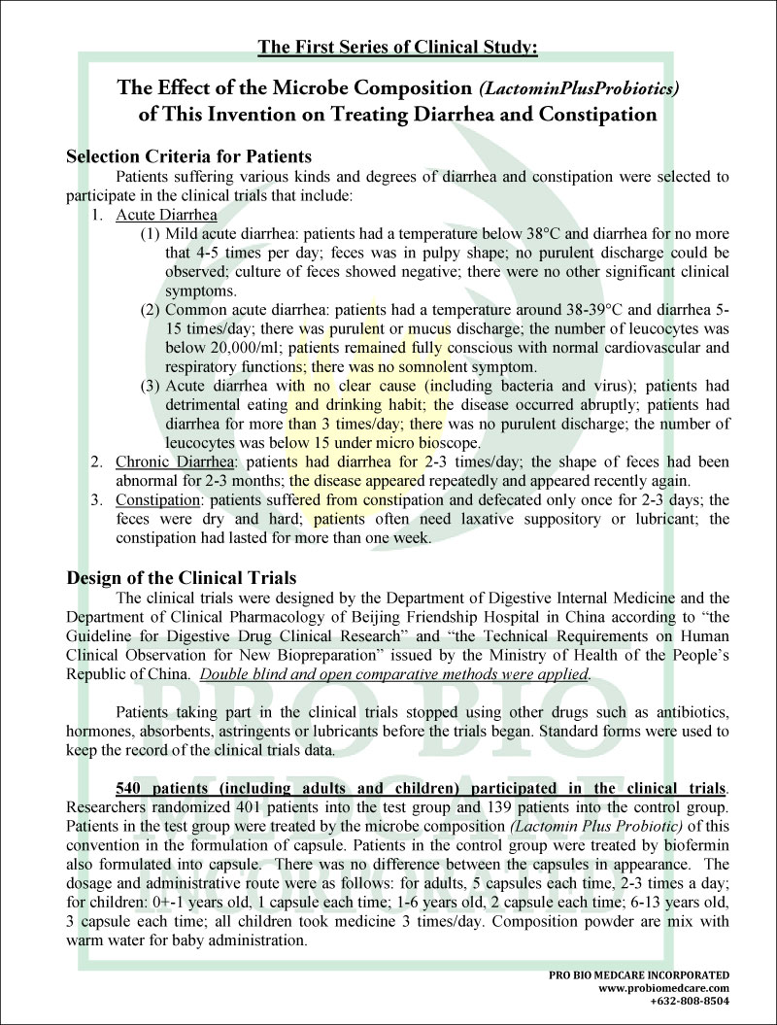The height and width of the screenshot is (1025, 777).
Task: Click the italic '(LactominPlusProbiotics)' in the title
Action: (x=579, y=88)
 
